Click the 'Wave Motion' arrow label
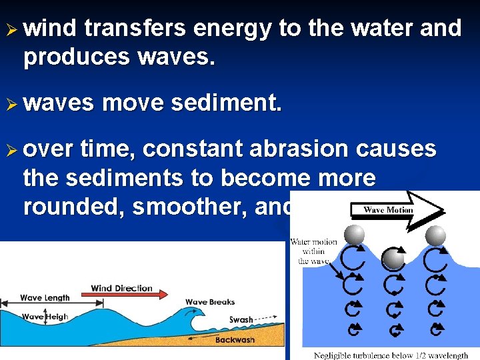[389, 209]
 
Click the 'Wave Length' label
[45, 298]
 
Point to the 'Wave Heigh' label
[45, 317]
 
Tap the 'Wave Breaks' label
[210, 302]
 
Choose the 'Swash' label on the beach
[241, 320]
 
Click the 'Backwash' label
[235, 340]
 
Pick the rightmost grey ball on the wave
[435, 235]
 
